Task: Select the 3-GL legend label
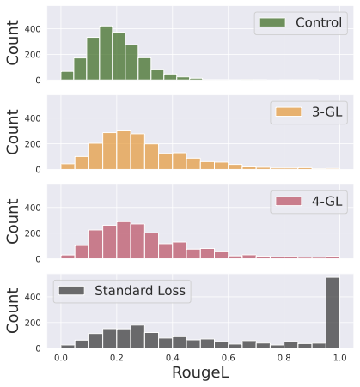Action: pos(320,112)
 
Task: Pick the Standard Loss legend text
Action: pos(138,291)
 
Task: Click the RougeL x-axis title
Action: pos(200,372)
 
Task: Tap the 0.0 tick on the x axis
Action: pos(60,356)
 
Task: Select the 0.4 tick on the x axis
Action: pos(173,356)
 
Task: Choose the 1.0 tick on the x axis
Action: pos(340,356)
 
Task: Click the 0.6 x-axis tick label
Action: pos(229,356)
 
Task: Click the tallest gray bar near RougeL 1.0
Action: pos(333,313)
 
